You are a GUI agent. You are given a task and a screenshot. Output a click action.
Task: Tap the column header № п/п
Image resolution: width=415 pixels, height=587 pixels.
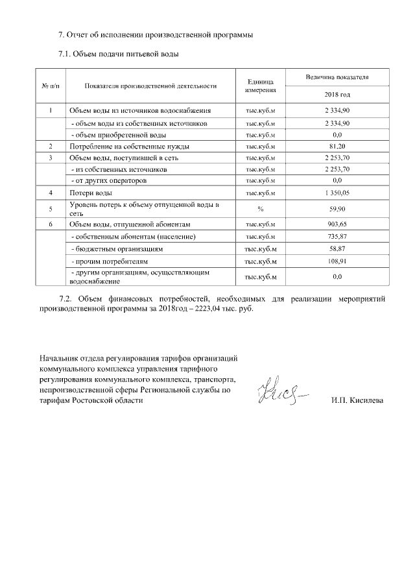(51, 85)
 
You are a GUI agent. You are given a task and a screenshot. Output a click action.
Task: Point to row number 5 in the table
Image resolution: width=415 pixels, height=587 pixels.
(51, 209)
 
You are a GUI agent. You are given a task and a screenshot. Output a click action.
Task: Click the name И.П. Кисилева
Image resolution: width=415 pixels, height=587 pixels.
(357, 400)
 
